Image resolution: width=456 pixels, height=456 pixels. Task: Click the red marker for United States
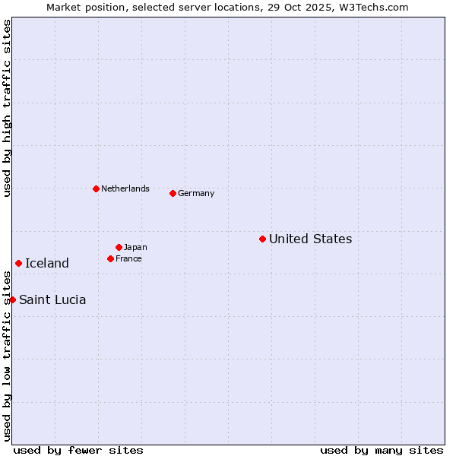(x=262, y=239)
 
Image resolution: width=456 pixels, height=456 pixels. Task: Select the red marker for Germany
(x=173, y=193)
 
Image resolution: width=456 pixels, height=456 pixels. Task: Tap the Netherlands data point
(x=96, y=188)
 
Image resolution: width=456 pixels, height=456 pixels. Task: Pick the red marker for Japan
(x=119, y=247)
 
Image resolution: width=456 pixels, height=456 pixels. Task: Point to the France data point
(x=110, y=258)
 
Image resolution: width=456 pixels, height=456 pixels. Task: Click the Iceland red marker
(x=18, y=263)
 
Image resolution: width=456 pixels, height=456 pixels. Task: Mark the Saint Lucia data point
(x=12, y=299)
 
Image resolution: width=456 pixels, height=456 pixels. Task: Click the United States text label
(x=310, y=239)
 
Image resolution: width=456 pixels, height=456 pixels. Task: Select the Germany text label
(x=196, y=194)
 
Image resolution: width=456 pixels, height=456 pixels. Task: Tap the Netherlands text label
(x=125, y=189)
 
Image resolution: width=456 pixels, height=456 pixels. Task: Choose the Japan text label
(x=135, y=248)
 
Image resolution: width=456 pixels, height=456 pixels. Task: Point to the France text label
(x=128, y=259)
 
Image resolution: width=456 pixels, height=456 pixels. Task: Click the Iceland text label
(x=47, y=264)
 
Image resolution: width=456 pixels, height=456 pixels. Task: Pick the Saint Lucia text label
(x=52, y=300)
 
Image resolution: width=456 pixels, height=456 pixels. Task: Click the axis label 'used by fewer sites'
(x=78, y=450)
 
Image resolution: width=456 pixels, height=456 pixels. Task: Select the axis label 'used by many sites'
(x=382, y=450)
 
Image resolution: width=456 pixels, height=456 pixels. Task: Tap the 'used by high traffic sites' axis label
(x=8, y=108)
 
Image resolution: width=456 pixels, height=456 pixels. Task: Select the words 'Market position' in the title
(x=81, y=8)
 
